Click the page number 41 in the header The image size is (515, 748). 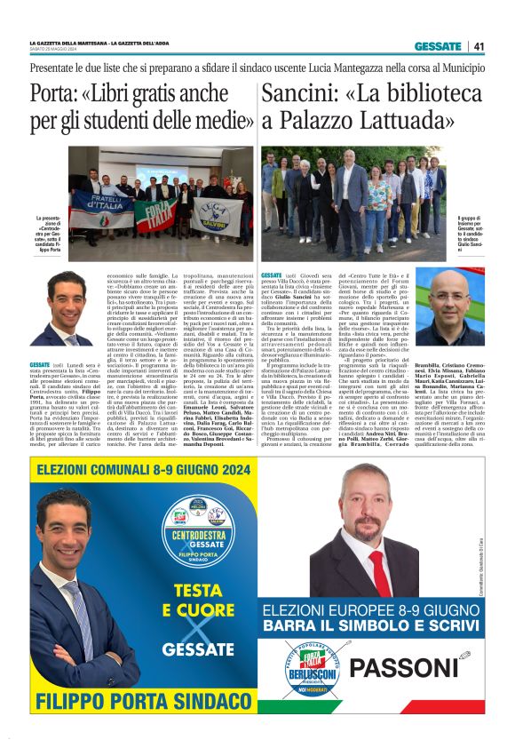point(479,46)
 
